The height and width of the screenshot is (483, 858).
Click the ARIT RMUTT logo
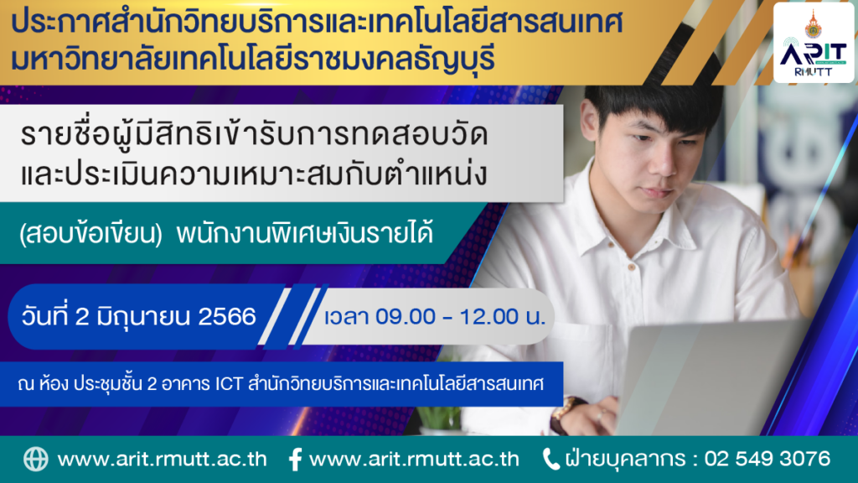[x=814, y=43]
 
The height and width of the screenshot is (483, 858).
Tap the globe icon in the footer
[x=35, y=459]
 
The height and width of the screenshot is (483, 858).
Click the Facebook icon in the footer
[x=295, y=460]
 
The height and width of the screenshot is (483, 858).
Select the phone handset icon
[x=550, y=459]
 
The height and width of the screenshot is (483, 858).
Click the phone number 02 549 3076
[x=768, y=459]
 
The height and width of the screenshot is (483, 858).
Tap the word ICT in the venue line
[x=229, y=384]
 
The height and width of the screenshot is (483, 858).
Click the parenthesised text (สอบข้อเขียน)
[x=90, y=234]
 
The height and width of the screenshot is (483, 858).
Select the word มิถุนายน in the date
[x=142, y=316]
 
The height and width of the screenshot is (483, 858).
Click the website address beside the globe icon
[x=162, y=459]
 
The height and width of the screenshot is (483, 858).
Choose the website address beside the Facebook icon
[x=414, y=459]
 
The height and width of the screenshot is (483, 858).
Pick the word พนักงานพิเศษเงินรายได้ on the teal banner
[x=305, y=234]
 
